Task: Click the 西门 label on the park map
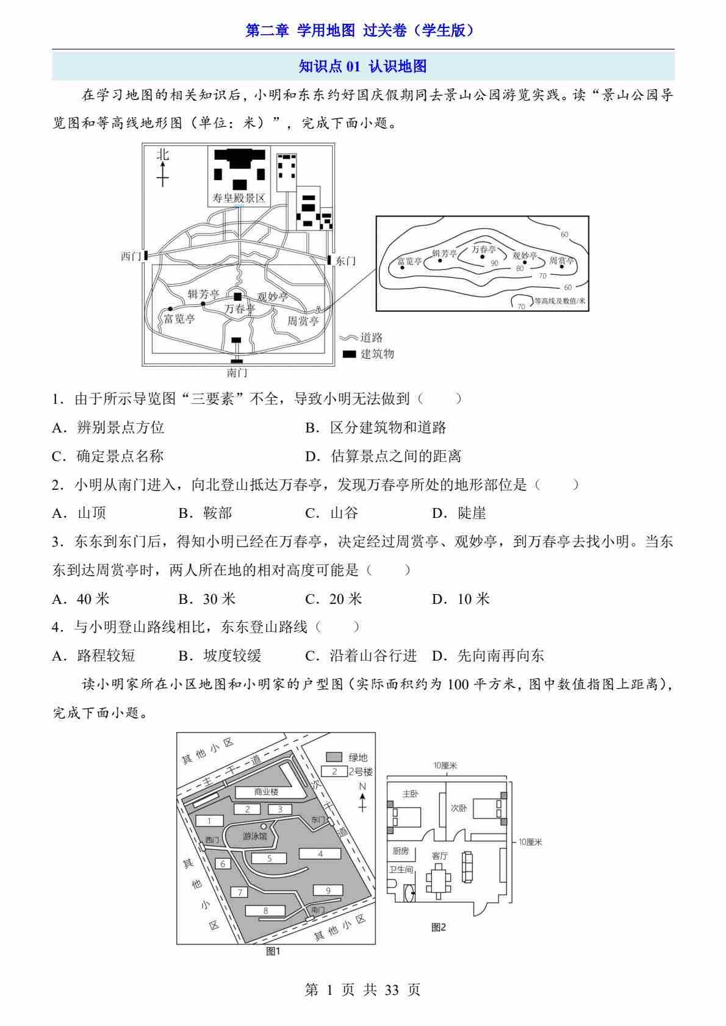[131, 256]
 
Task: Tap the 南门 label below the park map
[237, 373]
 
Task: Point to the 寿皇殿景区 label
[239, 198]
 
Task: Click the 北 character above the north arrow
[163, 155]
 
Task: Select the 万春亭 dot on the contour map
[483, 257]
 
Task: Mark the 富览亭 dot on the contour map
[402, 267]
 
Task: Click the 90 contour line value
[494, 264]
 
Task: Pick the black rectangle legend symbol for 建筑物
[350, 354]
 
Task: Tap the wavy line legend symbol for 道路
[348, 338]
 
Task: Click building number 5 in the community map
[269, 858]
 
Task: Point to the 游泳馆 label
[254, 836]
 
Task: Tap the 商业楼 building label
[266, 792]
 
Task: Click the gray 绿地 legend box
[334, 756]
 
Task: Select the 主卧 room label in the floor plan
[410, 794]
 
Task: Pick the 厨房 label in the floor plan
[401, 850]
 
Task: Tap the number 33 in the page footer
[392, 990]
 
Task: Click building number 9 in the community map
[328, 891]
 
